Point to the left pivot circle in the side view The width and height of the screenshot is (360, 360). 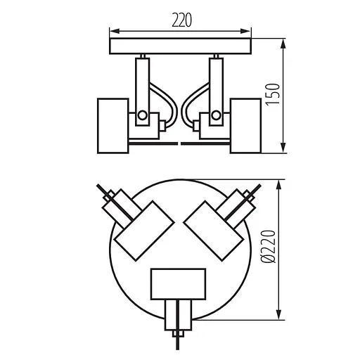pyautogui.click(x=143, y=115)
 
